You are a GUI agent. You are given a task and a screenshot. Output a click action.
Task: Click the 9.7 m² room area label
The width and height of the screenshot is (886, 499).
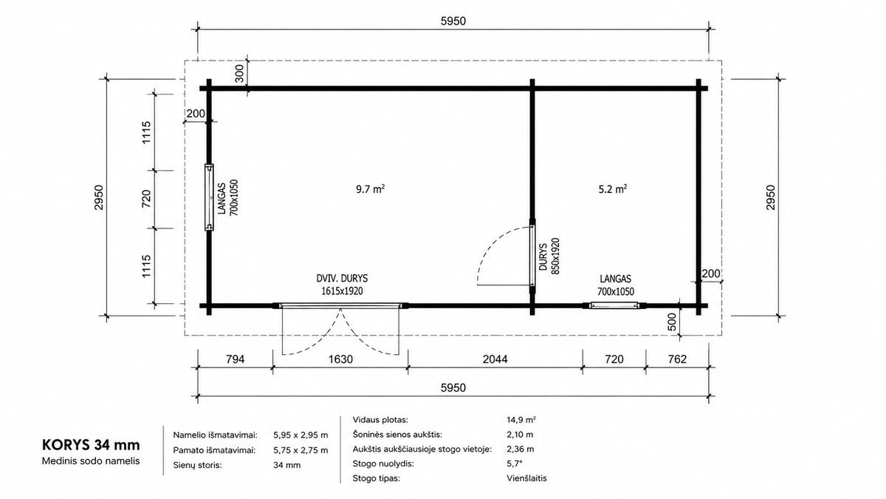tap(370, 189)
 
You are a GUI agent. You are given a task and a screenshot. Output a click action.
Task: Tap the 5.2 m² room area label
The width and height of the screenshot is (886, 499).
tap(613, 189)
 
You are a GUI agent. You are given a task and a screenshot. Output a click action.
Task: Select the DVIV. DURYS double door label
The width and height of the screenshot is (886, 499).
tap(342, 279)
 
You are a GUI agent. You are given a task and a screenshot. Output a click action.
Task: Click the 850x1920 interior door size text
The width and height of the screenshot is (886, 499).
tap(555, 257)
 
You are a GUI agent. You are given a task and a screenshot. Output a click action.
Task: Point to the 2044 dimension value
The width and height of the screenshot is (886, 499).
tap(495, 359)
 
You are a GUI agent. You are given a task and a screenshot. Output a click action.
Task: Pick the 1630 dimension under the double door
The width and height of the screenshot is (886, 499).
tap(340, 359)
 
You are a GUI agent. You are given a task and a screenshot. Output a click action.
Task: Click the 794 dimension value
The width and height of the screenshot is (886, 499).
tap(235, 359)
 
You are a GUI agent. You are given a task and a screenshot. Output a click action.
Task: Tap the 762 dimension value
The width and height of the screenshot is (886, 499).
tap(677, 359)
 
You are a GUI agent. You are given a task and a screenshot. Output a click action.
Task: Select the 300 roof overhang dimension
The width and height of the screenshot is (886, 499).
tap(240, 73)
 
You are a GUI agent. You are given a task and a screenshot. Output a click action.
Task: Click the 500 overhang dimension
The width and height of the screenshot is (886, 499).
tap(672, 322)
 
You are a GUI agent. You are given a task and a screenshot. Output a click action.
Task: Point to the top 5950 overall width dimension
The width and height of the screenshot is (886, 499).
tap(453, 21)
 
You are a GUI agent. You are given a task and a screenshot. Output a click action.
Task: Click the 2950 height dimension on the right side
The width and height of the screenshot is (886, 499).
tap(771, 197)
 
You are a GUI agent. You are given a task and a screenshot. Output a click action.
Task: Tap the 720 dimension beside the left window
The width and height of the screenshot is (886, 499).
tap(146, 199)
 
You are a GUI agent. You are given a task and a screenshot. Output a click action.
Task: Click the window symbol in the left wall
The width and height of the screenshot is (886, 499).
tap(209, 197)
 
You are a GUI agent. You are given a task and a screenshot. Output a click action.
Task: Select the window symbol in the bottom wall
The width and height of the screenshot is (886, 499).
tap(614, 305)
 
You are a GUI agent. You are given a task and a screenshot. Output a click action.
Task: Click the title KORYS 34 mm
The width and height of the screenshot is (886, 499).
tap(91, 445)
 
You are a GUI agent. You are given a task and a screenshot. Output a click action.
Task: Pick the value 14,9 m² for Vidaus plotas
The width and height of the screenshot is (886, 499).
tap(521, 420)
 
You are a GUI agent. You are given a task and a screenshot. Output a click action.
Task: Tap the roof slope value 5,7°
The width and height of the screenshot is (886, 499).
tap(515, 464)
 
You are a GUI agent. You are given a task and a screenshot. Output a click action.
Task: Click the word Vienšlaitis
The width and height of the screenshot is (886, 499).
tap(527, 478)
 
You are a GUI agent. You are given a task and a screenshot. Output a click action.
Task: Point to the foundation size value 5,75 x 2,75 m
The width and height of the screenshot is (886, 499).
tap(301, 450)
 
